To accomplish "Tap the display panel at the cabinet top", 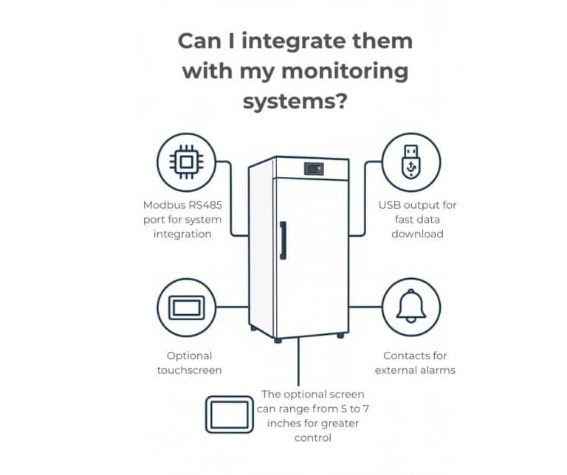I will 313,169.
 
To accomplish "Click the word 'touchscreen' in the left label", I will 189,370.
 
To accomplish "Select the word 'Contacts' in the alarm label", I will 405,356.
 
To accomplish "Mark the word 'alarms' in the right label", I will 438,370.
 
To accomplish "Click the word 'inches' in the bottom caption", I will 278,423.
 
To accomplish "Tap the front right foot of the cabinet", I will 340,335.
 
